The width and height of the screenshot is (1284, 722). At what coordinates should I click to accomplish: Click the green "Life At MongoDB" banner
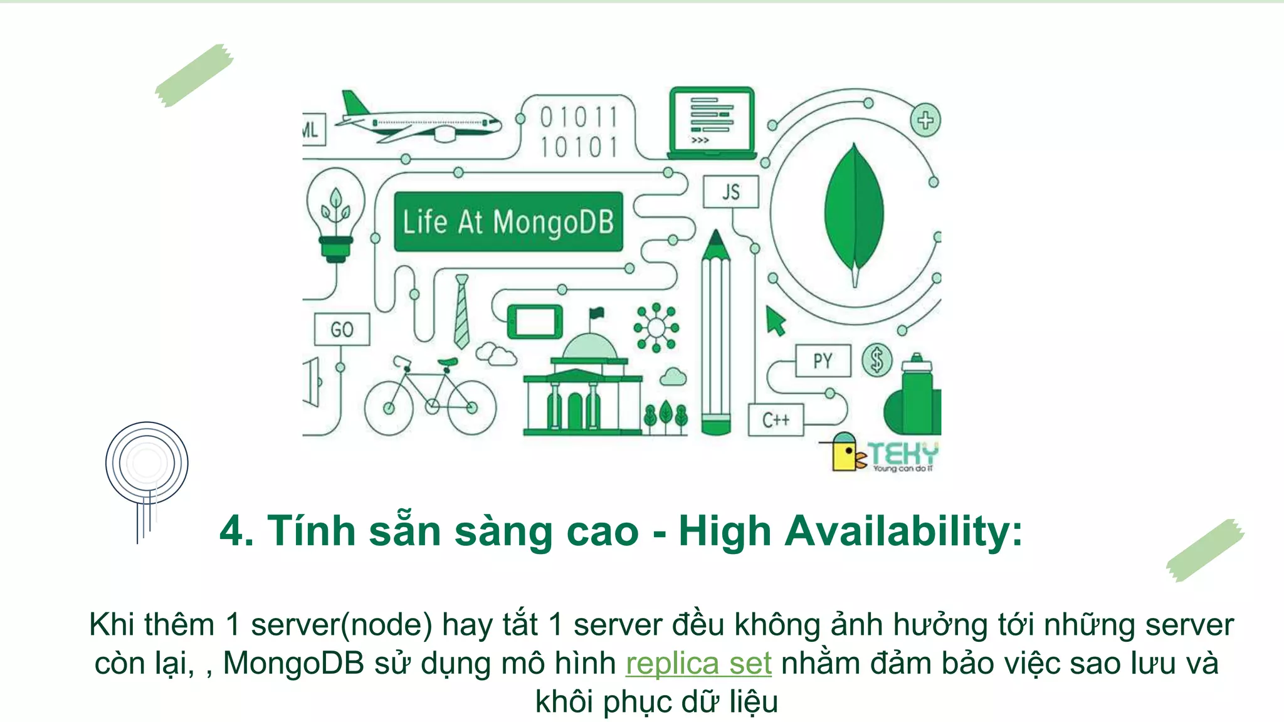click(x=508, y=222)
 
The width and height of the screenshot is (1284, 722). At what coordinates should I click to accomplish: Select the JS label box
click(x=730, y=192)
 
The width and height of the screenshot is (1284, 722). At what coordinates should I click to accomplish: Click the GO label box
click(x=342, y=330)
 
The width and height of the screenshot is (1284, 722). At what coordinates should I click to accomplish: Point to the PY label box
click(x=823, y=360)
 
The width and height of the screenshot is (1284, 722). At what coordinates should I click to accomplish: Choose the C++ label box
click(x=776, y=420)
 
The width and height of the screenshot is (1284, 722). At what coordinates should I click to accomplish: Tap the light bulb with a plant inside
click(x=335, y=210)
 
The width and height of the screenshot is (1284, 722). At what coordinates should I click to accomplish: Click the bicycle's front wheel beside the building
click(x=471, y=408)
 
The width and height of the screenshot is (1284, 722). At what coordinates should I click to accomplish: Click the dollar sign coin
click(x=876, y=360)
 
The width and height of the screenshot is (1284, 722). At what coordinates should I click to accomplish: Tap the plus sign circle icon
click(x=925, y=120)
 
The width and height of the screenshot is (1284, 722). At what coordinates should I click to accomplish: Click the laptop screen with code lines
click(x=712, y=120)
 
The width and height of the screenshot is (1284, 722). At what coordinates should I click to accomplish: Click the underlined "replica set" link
click(x=698, y=664)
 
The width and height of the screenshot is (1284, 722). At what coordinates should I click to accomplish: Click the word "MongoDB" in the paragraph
click(x=293, y=664)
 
